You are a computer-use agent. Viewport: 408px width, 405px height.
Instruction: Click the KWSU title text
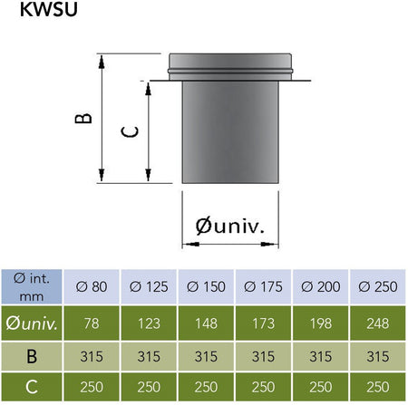(49, 9)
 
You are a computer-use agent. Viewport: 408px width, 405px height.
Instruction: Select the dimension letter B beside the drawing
(83, 118)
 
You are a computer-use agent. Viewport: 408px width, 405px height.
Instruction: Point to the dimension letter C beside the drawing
(130, 131)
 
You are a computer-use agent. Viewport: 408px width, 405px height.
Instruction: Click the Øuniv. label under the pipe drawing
(230, 226)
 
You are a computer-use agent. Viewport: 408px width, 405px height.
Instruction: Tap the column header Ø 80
(92, 286)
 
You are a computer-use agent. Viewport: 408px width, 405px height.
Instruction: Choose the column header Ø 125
(149, 286)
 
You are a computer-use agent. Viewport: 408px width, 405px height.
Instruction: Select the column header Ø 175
(263, 286)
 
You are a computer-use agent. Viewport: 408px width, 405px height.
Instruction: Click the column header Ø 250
(378, 286)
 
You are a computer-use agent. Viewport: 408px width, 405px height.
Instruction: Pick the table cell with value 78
(92, 323)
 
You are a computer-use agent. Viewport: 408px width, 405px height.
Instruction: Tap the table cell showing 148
(206, 323)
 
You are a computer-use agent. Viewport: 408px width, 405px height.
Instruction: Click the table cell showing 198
(321, 323)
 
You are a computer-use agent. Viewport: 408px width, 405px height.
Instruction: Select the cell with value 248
(378, 323)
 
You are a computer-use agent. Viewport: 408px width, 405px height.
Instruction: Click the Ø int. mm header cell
(32, 287)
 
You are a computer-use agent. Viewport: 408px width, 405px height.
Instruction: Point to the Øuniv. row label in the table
(32, 323)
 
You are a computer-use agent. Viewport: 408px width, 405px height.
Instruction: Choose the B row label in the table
(32, 356)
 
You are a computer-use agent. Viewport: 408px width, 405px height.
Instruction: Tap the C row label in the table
(32, 387)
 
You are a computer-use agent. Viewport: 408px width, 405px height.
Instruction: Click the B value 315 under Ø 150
(206, 356)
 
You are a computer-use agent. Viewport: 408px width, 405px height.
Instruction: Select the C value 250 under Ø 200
(321, 387)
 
